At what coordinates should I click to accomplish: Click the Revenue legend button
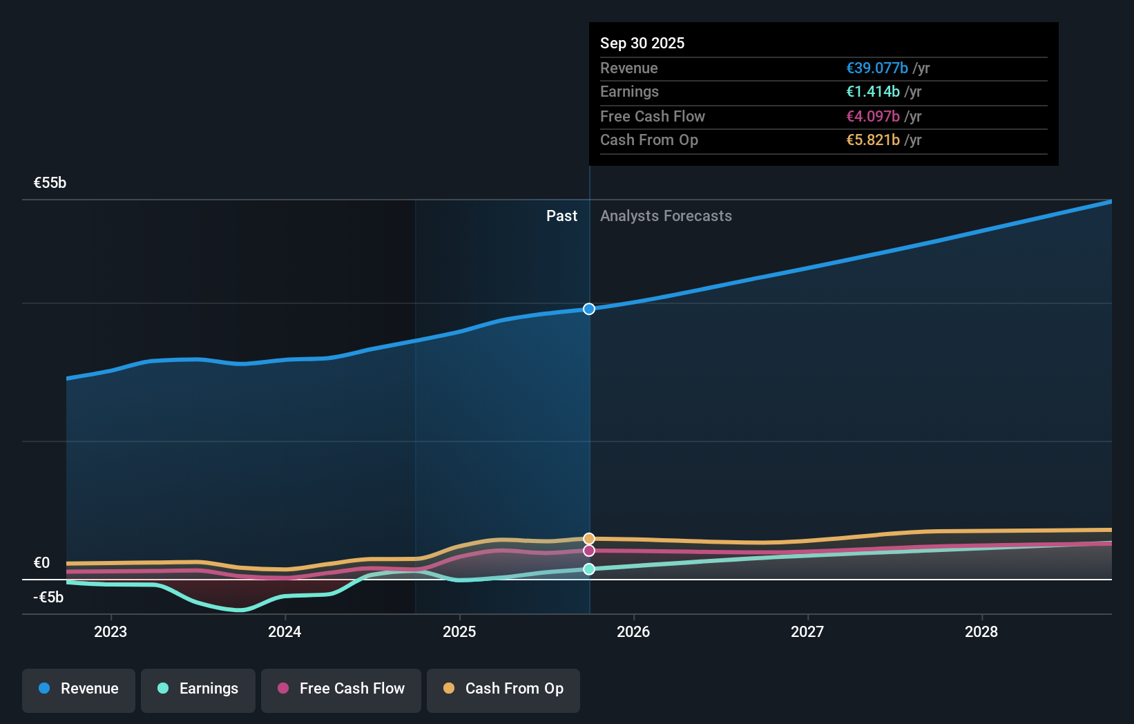click(79, 689)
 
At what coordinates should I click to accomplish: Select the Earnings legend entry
click(198, 689)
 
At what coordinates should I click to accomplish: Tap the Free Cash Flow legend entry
click(341, 689)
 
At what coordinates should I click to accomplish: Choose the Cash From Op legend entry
click(503, 689)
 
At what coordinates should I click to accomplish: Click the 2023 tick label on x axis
click(110, 631)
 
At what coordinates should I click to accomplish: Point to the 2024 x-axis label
click(285, 631)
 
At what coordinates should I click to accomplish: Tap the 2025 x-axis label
click(459, 631)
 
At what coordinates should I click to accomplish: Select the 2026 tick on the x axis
click(633, 631)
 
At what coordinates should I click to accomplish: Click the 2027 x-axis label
click(807, 631)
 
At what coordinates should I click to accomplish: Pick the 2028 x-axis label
click(981, 631)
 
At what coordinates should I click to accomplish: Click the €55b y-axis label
click(50, 183)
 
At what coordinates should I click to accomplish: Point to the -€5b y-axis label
click(48, 597)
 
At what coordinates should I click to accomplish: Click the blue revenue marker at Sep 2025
click(589, 309)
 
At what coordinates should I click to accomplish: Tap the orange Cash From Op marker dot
click(589, 539)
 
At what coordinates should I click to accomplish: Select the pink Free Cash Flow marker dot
click(589, 551)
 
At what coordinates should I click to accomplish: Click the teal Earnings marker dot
click(589, 569)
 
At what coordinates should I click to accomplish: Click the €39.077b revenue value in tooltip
click(877, 68)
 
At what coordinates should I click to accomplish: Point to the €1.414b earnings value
click(873, 92)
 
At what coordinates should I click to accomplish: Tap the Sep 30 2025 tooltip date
click(642, 44)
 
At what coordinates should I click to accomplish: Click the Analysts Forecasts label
click(666, 216)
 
